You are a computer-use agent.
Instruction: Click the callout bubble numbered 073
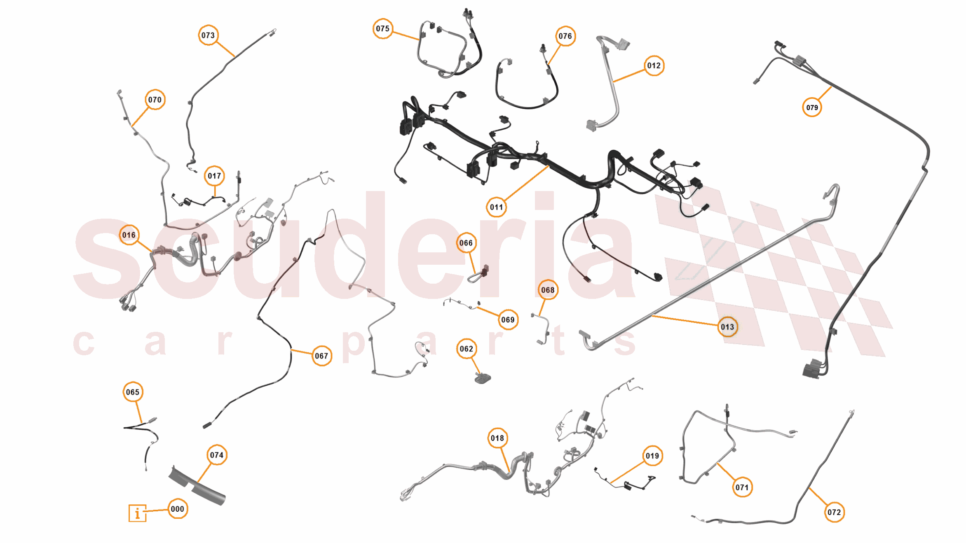(208, 35)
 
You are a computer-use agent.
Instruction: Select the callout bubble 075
(382, 29)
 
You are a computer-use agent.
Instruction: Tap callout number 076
(565, 36)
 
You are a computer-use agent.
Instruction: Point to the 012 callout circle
(654, 66)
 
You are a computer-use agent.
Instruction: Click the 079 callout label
(812, 108)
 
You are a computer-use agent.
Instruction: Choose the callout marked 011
(496, 207)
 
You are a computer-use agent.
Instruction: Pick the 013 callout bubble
(727, 327)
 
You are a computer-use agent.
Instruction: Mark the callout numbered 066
(466, 243)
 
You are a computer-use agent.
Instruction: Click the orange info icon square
(137, 513)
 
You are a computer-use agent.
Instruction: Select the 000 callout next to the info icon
(178, 509)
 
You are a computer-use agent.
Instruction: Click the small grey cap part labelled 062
(483, 378)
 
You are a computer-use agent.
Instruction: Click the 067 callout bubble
(321, 356)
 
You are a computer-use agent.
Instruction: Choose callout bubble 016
(129, 235)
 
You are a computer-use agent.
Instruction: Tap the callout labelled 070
(155, 100)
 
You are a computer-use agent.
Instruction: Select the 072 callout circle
(834, 513)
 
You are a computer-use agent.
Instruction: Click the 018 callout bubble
(497, 438)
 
